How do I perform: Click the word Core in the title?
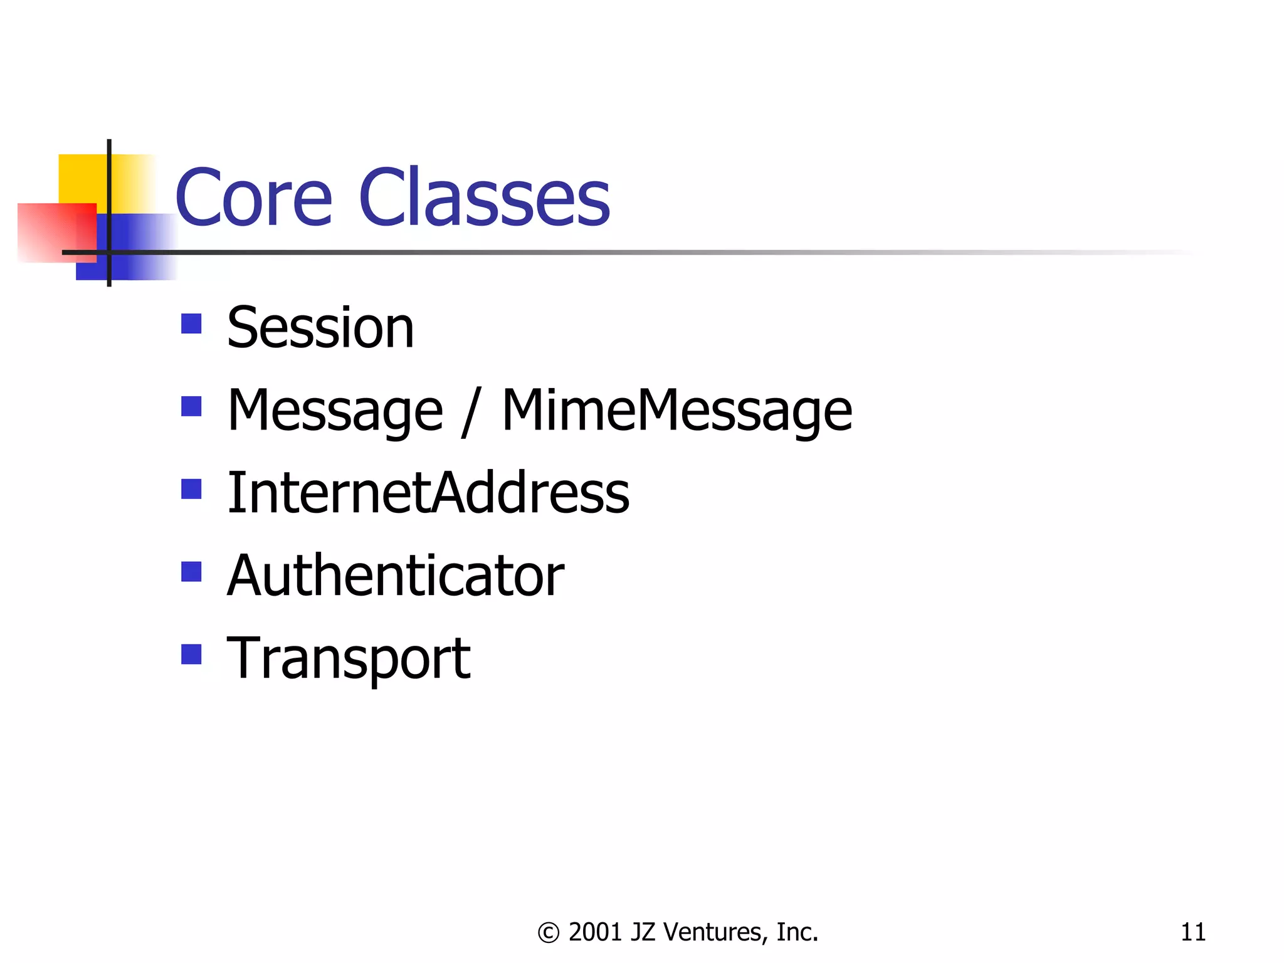[x=253, y=198]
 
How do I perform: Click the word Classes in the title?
[x=484, y=198]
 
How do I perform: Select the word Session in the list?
[x=320, y=328]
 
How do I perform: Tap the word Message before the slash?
[x=335, y=411]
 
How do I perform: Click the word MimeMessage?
[x=677, y=411]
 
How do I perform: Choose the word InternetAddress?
[x=428, y=493]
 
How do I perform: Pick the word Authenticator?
[x=396, y=576]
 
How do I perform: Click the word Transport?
[x=349, y=658]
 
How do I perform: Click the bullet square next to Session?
[x=191, y=324]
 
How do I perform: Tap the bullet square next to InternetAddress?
[x=191, y=489]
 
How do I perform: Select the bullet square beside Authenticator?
[x=191, y=572]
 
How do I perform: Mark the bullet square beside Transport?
[x=191, y=655]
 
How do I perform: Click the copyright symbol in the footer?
[x=548, y=933]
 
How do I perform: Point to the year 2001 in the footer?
[x=595, y=932]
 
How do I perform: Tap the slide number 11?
[x=1192, y=932]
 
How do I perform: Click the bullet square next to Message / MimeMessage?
[x=191, y=406]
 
